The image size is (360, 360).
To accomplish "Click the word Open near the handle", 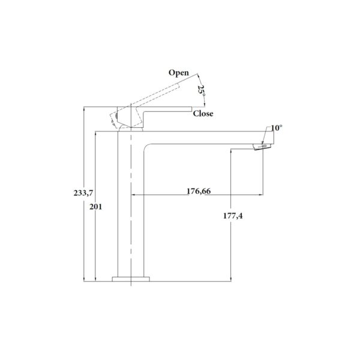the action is click(179, 73).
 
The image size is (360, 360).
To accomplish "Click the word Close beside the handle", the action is click(203, 113).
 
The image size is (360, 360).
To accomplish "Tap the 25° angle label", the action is click(202, 90).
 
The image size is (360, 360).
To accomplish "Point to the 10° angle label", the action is click(277, 128).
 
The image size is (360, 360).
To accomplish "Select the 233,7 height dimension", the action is click(83, 193).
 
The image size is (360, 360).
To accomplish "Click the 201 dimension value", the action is click(95, 207).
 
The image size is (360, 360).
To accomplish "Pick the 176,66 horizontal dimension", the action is click(199, 191).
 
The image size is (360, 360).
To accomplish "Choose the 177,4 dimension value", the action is click(233, 216).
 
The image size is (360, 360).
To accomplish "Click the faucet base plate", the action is click(131, 279).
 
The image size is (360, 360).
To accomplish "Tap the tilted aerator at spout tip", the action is click(262, 146).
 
